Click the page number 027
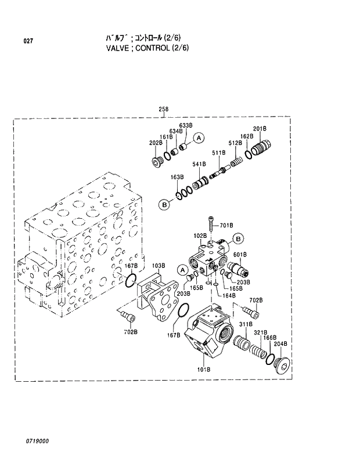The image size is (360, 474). (27, 41)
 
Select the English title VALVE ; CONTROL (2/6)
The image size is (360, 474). (147, 48)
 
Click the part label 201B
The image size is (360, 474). (260, 128)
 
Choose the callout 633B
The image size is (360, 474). (185, 125)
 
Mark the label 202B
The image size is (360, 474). (156, 143)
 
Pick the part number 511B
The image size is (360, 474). (218, 152)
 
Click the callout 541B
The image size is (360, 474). (199, 164)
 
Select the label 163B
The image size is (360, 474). (177, 176)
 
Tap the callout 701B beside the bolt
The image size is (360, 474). (226, 225)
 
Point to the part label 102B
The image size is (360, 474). (200, 236)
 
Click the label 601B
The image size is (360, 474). (240, 254)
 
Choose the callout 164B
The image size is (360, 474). (229, 295)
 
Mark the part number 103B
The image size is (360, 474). (159, 266)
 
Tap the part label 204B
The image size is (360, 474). (280, 344)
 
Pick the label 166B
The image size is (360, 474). (271, 337)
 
